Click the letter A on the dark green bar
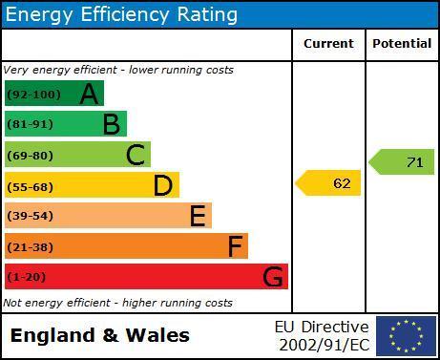click(x=89, y=94)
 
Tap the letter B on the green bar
click(x=112, y=124)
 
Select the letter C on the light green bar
click(x=136, y=155)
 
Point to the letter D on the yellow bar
click(x=163, y=185)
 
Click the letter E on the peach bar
click(x=198, y=216)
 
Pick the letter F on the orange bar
click(x=236, y=246)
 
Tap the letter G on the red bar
click(x=273, y=276)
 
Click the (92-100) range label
click(x=33, y=95)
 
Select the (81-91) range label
click(x=31, y=124)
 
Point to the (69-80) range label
click(x=31, y=156)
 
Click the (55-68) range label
click(x=31, y=187)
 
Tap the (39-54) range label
click(x=31, y=216)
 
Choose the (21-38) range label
click(x=31, y=247)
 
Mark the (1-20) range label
click(x=27, y=277)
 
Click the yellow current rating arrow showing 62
click(x=328, y=183)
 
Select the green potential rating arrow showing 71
click(x=401, y=162)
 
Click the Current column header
click(x=328, y=44)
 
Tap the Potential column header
click(x=402, y=44)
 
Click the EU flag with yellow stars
click(x=406, y=336)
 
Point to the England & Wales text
click(x=100, y=336)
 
